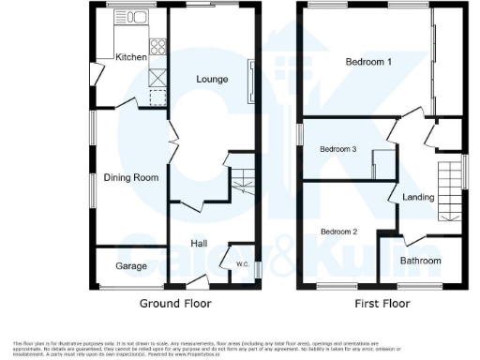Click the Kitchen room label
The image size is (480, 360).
pyautogui.click(x=131, y=57)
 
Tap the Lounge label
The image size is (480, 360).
pyautogui.click(x=212, y=79)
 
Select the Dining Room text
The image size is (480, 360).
pyautogui.click(x=131, y=177)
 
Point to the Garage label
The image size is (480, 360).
pyautogui.click(x=131, y=266)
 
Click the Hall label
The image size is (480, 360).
pyautogui.click(x=199, y=243)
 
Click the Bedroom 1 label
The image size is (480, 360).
pyautogui.click(x=368, y=62)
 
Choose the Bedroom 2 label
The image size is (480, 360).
pyautogui.click(x=338, y=231)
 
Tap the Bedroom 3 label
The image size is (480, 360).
pyautogui.click(x=338, y=149)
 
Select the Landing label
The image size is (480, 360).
pyautogui.click(x=418, y=197)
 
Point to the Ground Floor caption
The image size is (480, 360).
pyautogui.click(x=175, y=304)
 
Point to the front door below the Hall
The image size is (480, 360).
pyautogui.click(x=198, y=281)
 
